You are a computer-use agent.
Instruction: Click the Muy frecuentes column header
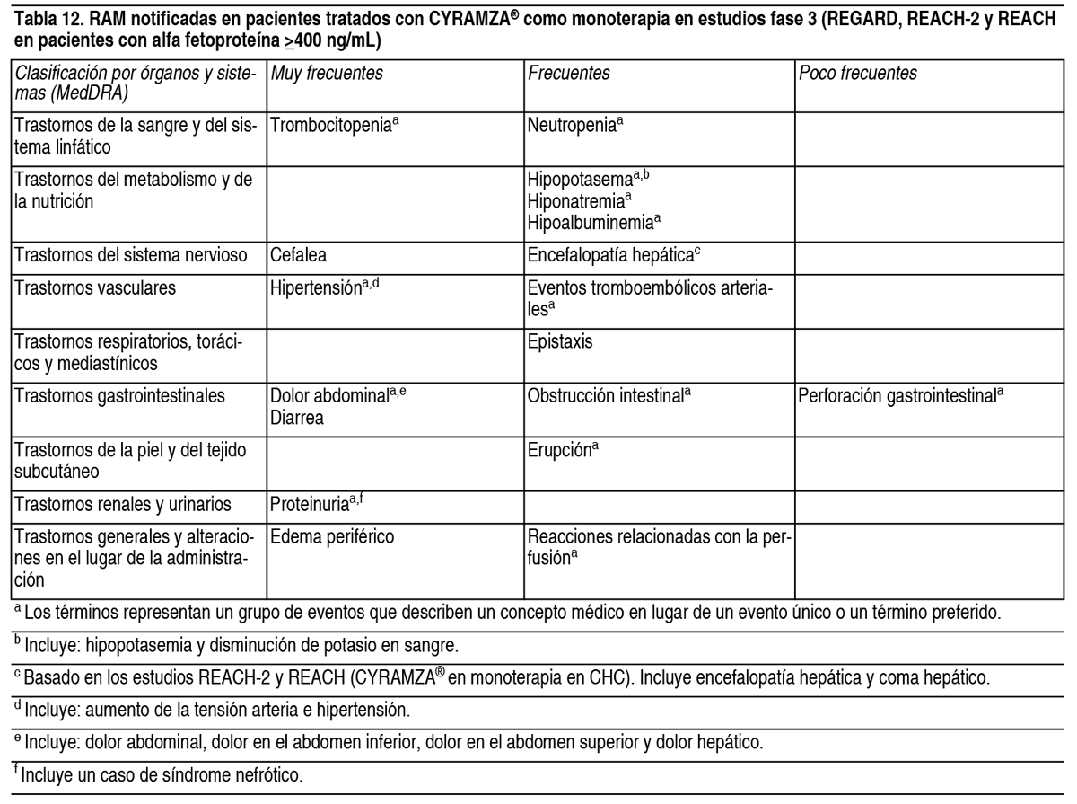click(x=327, y=75)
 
